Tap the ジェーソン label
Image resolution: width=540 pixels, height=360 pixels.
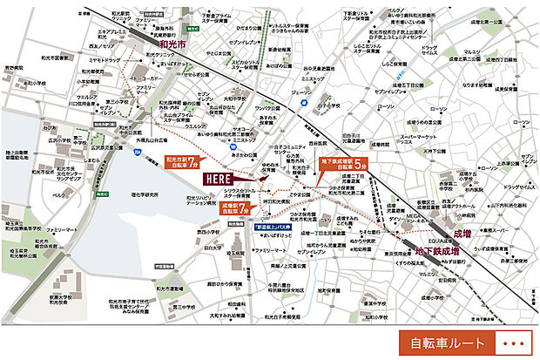pyautogui.click(x=300, y=91)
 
